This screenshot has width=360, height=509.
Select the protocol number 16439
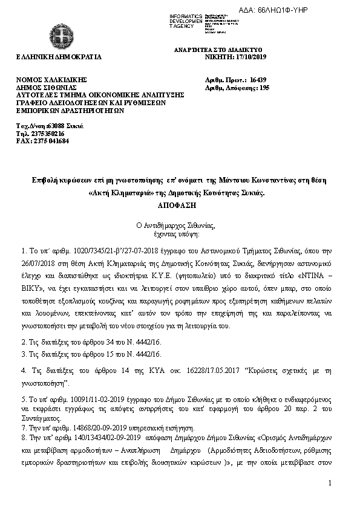258,79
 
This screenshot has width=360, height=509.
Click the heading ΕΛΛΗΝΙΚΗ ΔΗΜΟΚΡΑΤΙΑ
59,57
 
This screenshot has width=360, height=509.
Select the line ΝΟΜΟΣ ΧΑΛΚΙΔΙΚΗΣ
52,79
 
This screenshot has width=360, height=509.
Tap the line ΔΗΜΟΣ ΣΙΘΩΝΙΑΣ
48,87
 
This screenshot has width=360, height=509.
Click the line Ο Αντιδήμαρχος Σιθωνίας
180,226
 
